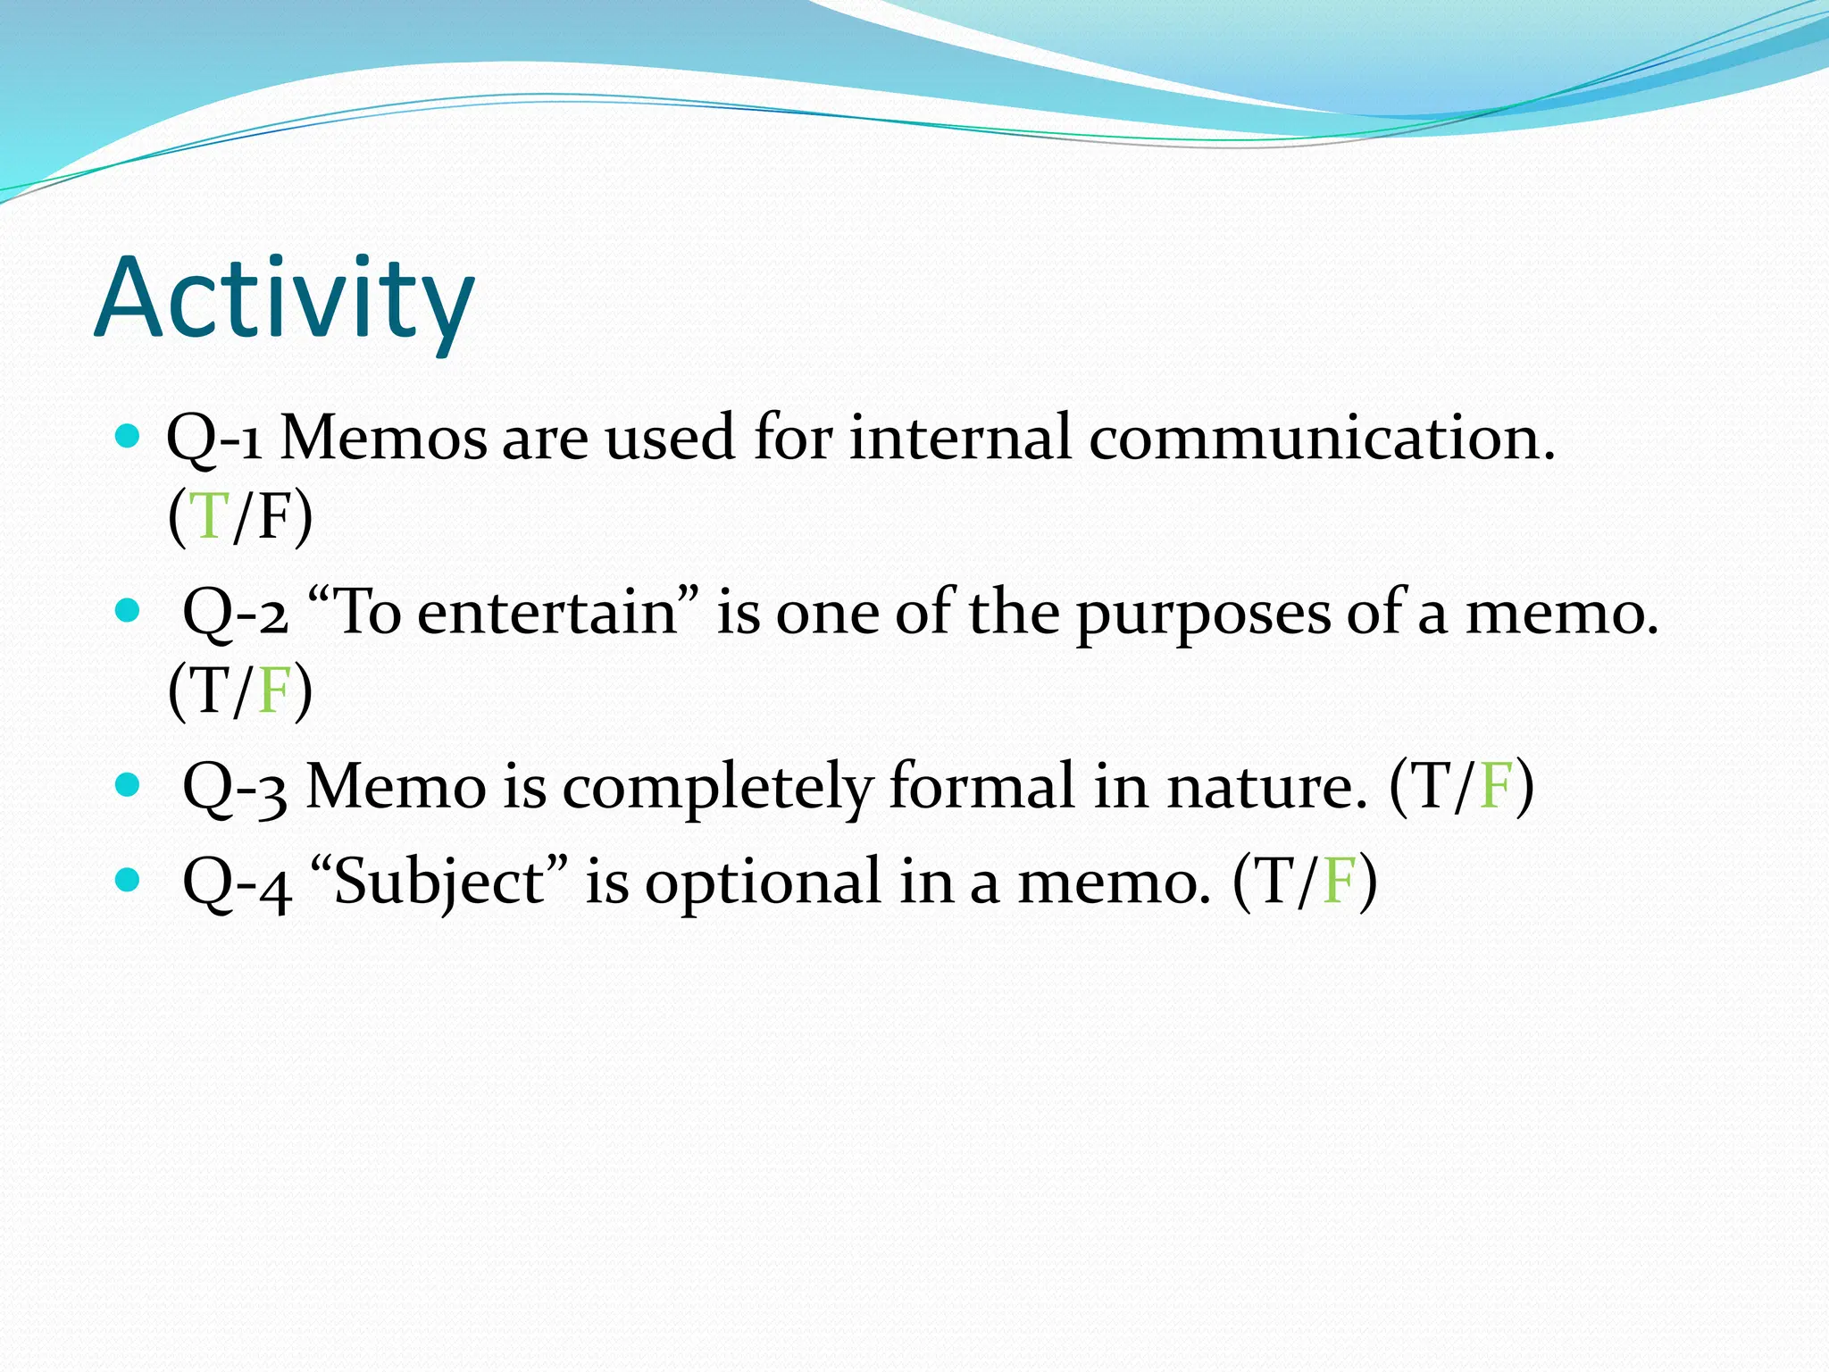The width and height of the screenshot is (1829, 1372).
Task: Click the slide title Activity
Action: coord(284,299)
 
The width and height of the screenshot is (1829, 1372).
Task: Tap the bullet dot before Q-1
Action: coord(129,437)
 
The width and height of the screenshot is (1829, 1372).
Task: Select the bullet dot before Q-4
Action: coord(129,880)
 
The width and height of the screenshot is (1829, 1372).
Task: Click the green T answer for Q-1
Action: coord(211,516)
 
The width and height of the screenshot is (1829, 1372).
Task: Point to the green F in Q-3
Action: coord(1496,786)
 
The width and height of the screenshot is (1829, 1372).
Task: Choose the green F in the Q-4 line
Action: coord(1339,882)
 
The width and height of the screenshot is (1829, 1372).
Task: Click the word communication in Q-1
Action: coord(1320,439)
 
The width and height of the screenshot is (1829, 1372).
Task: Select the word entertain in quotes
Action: coord(547,614)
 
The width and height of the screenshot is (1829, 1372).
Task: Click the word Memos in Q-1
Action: coord(384,439)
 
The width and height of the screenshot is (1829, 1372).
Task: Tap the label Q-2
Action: coord(235,615)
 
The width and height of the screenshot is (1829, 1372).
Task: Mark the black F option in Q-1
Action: coord(273,516)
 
